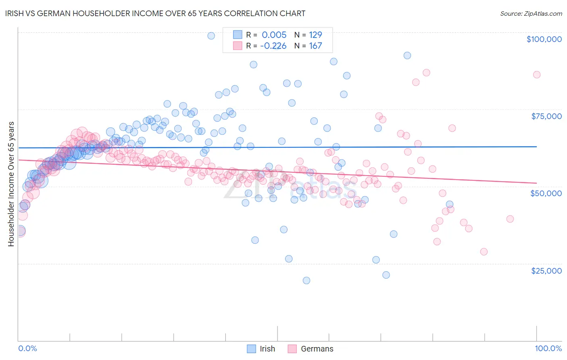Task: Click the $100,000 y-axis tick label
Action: coord(544,39)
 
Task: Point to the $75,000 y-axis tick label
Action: coord(546,116)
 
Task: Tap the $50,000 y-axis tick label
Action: coord(546,193)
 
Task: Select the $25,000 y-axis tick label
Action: coord(546,270)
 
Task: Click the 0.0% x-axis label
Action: coord(27,348)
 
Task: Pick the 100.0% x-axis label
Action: coord(548,348)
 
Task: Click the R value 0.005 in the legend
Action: coord(274,35)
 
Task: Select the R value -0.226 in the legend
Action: coord(273,46)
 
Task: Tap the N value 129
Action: coord(315,35)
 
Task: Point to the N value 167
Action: coord(315,46)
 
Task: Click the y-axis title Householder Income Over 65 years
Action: coord(11,184)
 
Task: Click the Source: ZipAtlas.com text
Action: coord(531,13)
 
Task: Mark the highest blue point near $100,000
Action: coord(211,36)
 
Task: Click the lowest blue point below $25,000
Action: coord(306,280)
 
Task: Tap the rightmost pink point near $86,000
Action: coord(536,75)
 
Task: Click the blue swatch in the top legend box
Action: coord(238,35)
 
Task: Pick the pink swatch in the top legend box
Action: coord(238,46)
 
